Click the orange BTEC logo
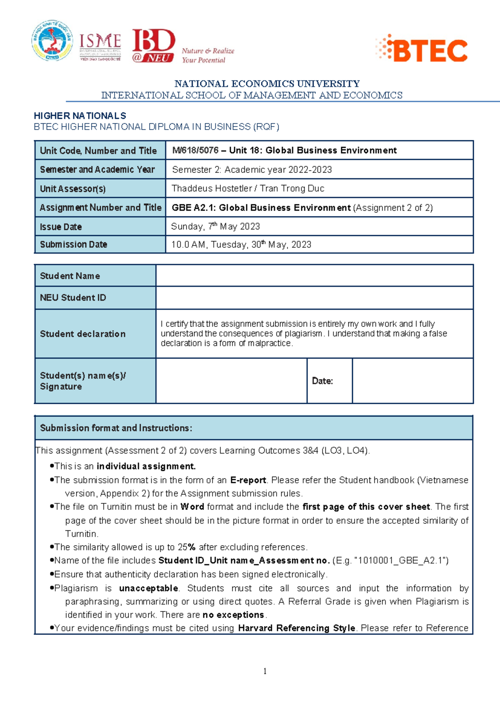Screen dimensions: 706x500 [422, 49]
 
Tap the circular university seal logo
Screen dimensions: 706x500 [52, 41]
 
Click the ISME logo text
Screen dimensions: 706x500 [100, 42]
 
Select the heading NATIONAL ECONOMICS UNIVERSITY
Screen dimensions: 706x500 [267, 84]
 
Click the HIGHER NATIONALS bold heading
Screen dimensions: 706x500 [80, 116]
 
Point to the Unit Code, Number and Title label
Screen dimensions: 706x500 [98, 151]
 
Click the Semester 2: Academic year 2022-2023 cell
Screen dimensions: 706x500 [252, 170]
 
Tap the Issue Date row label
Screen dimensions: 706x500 [61, 227]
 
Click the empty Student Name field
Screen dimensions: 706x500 [314, 276]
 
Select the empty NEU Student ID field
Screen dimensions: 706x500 [314, 298]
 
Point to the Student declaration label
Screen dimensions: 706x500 [82, 334]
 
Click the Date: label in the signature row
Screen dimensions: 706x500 [322, 381]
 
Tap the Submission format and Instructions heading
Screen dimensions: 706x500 [116, 428]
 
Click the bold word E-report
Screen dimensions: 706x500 [248, 480]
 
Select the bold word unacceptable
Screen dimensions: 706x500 [149, 588]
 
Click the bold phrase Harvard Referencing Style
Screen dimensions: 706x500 [296, 628]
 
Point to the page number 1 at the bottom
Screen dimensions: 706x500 [265, 671]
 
